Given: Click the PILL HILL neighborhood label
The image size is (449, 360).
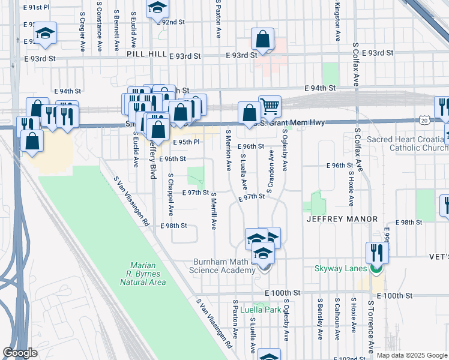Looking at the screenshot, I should click(x=145, y=54).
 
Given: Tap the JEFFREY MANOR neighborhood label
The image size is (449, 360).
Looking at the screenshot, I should click(x=342, y=219).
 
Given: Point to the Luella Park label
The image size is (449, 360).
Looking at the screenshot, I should click(x=261, y=310).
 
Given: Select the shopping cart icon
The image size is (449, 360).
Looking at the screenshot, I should click(x=270, y=107).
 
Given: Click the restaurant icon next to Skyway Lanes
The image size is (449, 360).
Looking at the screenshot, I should click(x=378, y=252).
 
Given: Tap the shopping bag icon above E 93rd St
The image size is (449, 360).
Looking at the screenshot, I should click(x=263, y=40).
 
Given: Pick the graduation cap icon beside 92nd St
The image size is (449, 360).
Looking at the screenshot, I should click(x=157, y=8).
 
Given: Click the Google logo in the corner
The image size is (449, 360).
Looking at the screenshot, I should click(x=20, y=353).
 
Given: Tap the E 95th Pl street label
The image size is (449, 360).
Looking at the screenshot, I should click(x=185, y=142).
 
